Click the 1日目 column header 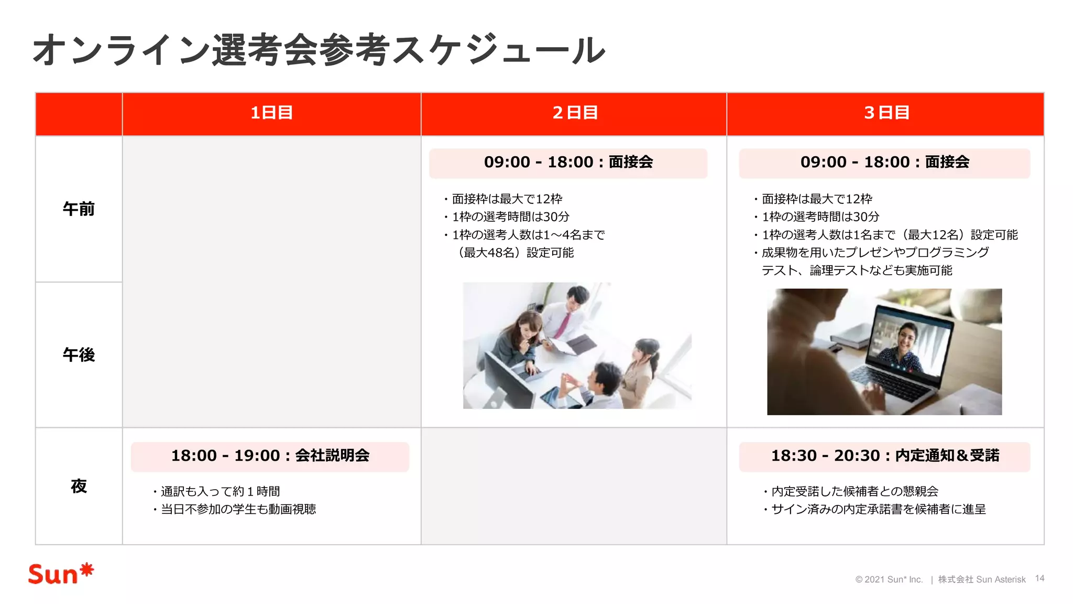click(x=271, y=113)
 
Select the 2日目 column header click(x=575, y=113)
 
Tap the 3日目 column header click(x=886, y=113)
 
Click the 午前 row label click(x=79, y=209)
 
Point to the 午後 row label click(x=79, y=355)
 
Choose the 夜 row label click(x=79, y=486)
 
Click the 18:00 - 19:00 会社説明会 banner click(x=270, y=456)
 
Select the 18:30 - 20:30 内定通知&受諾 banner click(x=884, y=456)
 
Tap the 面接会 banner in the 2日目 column click(x=568, y=163)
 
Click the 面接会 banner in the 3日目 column click(x=884, y=163)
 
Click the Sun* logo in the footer click(x=61, y=574)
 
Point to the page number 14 click(x=1039, y=578)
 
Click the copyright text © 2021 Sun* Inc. click(x=889, y=579)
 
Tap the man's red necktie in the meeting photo click(x=562, y=325)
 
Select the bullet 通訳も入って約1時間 click(x=220, y=491)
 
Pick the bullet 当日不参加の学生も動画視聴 click(x=238, y=509)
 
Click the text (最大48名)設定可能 click(x=516, y=253)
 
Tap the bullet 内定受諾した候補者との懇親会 click(x=855, y=491)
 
